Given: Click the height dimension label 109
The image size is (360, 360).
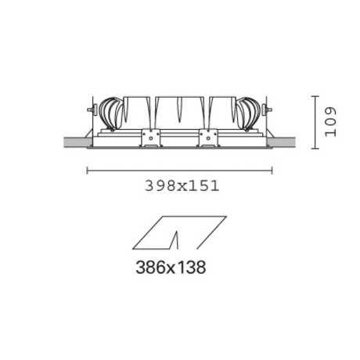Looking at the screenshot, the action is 330,122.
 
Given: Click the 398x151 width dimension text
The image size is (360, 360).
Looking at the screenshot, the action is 182,186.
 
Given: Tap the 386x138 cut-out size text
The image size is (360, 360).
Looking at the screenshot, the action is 171,267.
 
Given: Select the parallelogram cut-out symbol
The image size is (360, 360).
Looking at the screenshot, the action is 179,232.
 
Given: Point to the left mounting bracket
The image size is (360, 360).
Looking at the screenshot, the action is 150,138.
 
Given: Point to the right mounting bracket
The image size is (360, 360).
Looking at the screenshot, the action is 208,138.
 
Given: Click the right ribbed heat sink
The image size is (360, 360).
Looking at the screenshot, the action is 248,113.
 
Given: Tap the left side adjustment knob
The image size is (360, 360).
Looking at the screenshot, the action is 92,110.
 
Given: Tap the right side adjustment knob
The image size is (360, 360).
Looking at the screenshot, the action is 267,110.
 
